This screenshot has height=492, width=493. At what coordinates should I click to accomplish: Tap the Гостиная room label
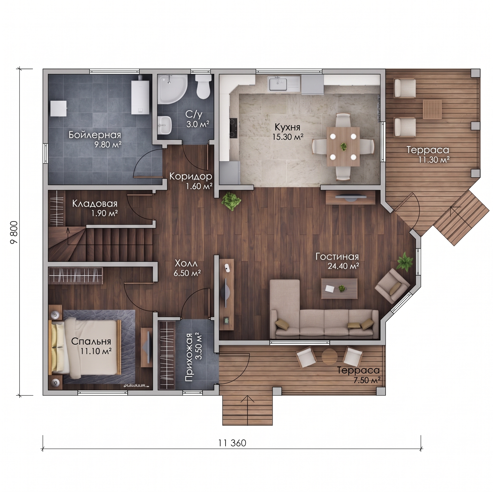(x=337, y=256)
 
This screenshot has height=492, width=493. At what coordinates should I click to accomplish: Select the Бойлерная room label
(x=95, y=135)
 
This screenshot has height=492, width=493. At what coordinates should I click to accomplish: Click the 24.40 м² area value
(x=343, y=266)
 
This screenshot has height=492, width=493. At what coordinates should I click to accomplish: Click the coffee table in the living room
(x=339, y=289)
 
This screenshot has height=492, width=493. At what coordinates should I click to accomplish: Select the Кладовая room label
(x=95, y=203)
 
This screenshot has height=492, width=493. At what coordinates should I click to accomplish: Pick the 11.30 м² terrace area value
(x=434, y=160)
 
